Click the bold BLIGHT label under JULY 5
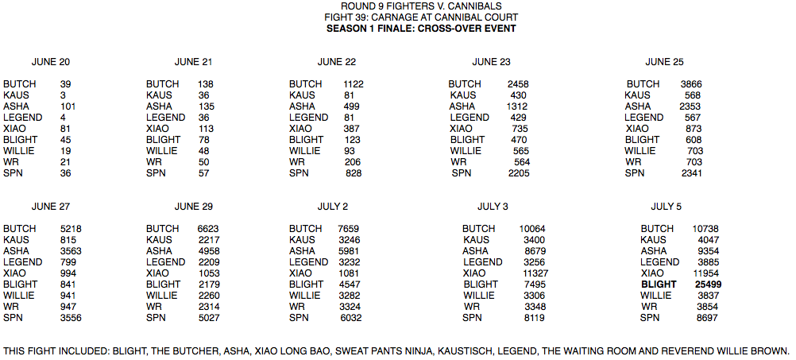(x=659, y=285)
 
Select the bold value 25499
(x=708, y=285)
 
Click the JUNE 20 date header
(x=51, y=62)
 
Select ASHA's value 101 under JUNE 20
(x=68, y=106)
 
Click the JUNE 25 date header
(x=664, y=62)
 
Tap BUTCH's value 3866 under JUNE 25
(x=691, y=84)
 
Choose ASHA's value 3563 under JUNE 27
(x=71, y=251)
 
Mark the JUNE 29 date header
(x=194, y=207)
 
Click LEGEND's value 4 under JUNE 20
(x=63, y=118)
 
